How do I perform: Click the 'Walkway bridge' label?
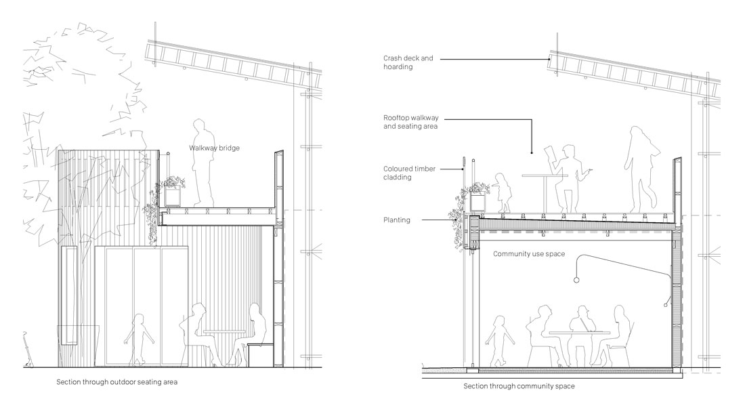tap(215, 148)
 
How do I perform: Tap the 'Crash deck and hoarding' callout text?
tap(408, 62)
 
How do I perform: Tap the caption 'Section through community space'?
tap(519, 387)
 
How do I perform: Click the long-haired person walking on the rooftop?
tap(640, 166)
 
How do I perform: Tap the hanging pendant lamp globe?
tap(575, 279)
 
